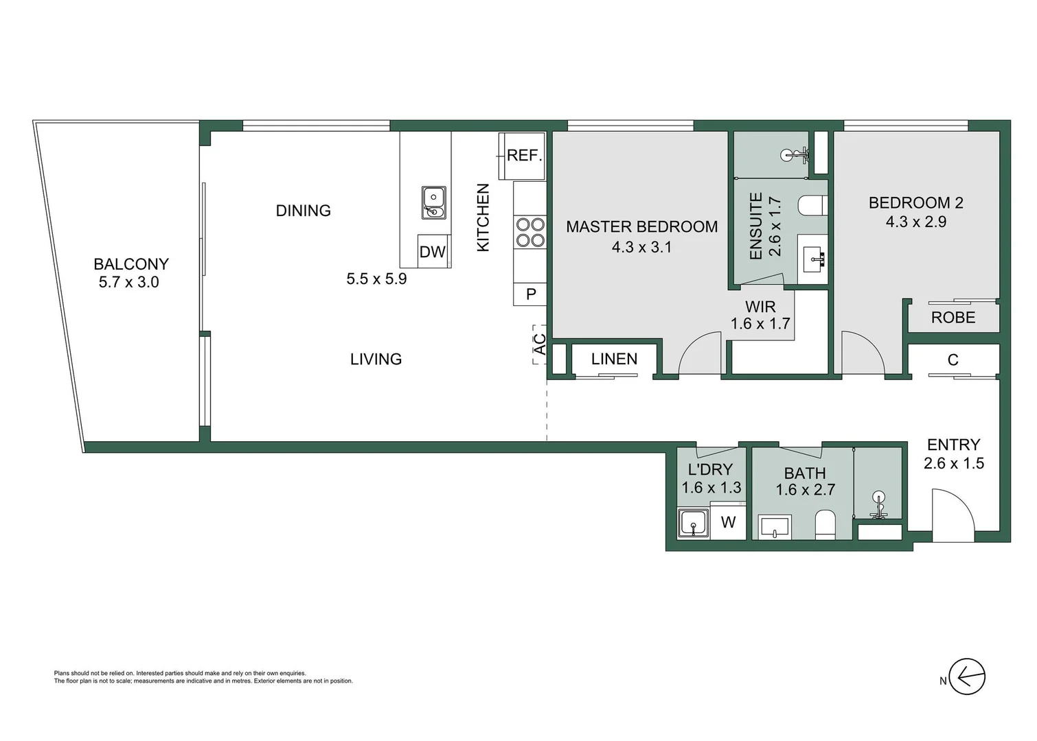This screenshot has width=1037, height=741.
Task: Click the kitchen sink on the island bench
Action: [433, 202]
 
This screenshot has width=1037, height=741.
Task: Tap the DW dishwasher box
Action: [433, 252]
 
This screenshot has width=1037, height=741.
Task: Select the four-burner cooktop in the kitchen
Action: [529, 232]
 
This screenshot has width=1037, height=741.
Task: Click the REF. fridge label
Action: [525, 156]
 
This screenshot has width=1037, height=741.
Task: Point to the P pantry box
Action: [530, 294]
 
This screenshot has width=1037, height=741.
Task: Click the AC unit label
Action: [540, 344]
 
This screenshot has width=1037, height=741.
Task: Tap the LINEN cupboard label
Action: [614, 359]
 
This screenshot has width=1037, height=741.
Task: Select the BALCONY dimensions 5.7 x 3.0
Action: [128, 282]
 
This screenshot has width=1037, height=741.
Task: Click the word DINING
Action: [303, 211]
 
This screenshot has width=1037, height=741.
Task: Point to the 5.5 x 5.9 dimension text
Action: [376, 279]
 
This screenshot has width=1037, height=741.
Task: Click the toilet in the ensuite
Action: [814, 204]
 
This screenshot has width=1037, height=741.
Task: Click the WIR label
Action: [760, 307]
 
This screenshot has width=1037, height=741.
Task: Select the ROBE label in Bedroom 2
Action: [953, 318]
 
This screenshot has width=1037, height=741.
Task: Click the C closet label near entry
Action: [953, 360]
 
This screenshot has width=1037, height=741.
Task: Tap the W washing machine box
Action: [728, 523]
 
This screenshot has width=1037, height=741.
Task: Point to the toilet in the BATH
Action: [824, 526]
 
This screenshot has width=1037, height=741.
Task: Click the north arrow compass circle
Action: [967, 677]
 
